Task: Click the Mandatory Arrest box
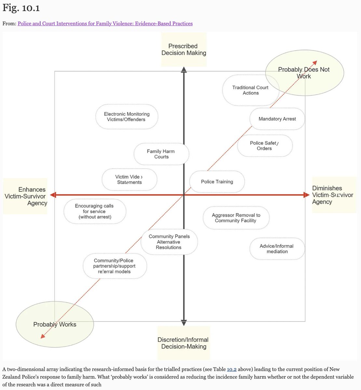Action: coord(277,119)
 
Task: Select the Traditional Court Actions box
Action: coord(250,90)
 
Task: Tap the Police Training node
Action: coord(217,182)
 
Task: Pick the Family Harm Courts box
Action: coord(161,154)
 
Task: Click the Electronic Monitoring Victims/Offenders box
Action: coord(127,117)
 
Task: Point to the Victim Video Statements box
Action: coord(129,179)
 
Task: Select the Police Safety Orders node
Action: coord(264,146)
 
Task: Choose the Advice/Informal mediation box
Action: coord(277,249)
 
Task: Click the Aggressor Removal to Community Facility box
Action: coord(236,218)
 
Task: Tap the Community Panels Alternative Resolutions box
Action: coord(169,242)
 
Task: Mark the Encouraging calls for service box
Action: coord(95,211)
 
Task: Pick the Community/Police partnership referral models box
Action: coord(114,266)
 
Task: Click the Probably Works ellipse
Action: coord(55,324)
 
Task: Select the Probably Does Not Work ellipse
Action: coord(304,73)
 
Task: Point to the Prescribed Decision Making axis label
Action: coord(184,49)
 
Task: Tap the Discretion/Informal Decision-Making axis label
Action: coord(183,343)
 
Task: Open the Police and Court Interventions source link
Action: coord(105,23)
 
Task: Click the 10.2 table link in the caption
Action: coord(232,370)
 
